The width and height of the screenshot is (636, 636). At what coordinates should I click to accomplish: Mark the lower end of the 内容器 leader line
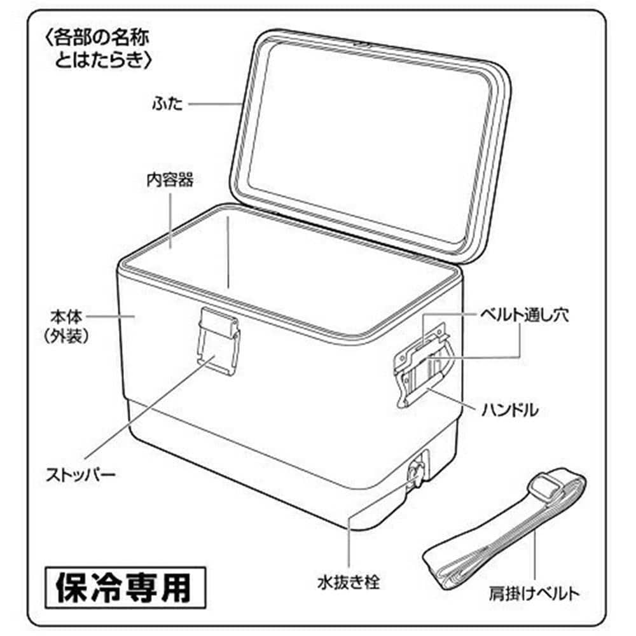coord(170,247)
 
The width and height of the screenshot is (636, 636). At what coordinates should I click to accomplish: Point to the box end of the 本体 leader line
coord(135,316)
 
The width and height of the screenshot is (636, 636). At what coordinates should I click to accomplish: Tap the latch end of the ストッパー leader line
coord(214,356)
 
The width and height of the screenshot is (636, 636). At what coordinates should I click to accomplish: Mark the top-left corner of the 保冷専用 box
coord(45,567)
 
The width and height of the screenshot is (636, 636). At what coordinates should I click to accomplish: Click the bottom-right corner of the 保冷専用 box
coord(205,608)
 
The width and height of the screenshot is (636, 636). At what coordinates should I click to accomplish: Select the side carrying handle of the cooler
coord(424,364)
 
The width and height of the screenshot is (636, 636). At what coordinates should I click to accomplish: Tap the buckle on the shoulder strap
coord(547,488)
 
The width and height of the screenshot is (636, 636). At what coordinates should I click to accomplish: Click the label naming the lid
coord(167,104)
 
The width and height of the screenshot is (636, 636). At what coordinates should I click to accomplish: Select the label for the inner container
coord(170,180)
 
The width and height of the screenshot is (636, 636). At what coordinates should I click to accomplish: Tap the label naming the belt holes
coord(525,315)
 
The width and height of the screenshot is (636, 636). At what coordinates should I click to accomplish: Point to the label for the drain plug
coord(349,583)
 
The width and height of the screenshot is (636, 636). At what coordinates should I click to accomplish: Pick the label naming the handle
coord(510,410)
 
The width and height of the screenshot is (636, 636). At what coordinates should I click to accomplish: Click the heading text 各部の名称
coord(100,38)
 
